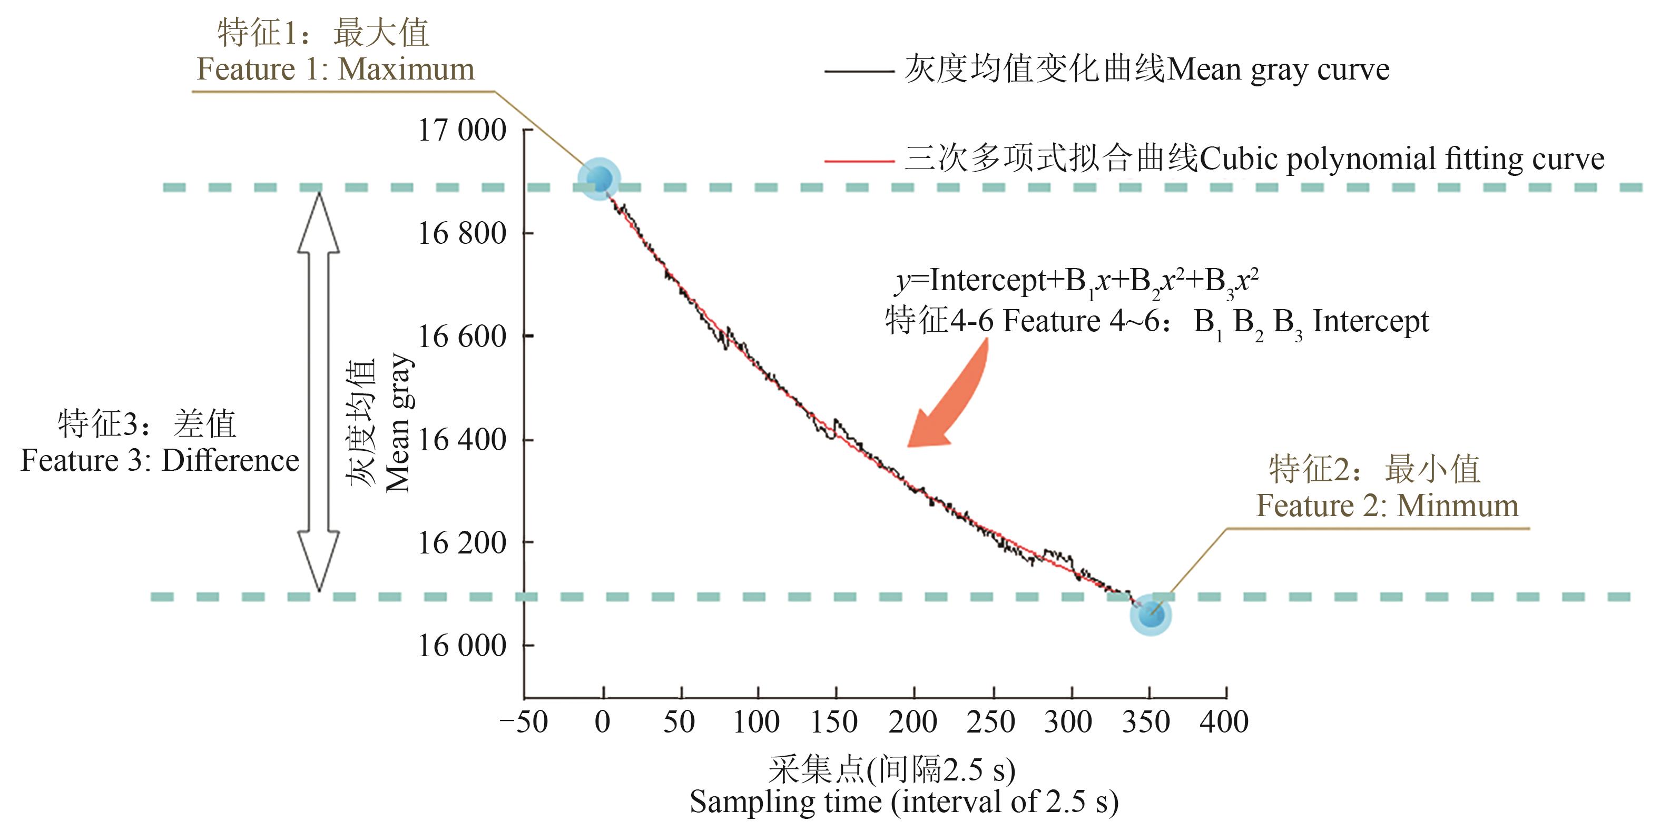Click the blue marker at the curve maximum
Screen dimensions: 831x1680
(x=600, y=179)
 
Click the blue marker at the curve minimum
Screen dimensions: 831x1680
(x=1151, y=615)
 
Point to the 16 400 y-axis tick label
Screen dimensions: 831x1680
(x=461, y=440)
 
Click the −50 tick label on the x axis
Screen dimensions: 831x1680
(x=524, y=722)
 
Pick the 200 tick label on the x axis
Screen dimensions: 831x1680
(x=912, y=722)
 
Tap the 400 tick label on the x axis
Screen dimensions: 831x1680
(x=1224, y=722)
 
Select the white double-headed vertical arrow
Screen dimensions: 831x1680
(x=318, y=391)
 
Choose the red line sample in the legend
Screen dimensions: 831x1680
(x=858, y=160)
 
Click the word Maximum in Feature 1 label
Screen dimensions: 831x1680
(x=406, y=69)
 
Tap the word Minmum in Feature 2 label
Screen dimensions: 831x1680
(x=1458, y=506)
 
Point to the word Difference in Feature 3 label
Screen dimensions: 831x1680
(x=230, y=461)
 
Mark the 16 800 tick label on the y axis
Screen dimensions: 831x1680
(x=461, y=233)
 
